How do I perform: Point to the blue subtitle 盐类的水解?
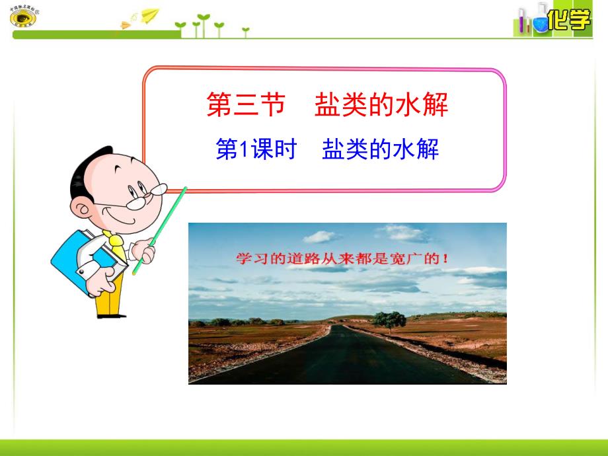point(380,151)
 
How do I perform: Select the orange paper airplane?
point(126,25)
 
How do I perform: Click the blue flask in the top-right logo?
point(541,24)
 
